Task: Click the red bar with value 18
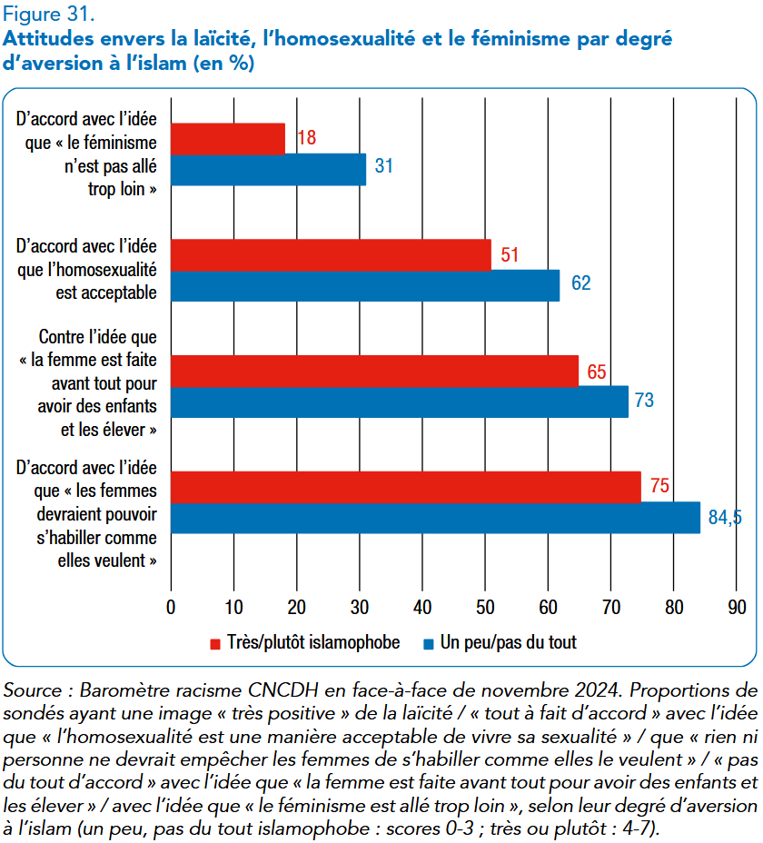(228, 139)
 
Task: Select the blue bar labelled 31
(269, 170)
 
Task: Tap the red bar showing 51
(332, 255)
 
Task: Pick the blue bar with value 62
(366, 285)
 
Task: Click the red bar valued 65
(375, 371)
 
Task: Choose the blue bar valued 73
(400, 402)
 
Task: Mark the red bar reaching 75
(407, 487)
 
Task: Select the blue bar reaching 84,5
(436, 518)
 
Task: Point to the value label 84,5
(725, 517)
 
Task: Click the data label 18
(307, 138)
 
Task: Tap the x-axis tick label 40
(422, 607)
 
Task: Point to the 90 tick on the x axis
(738, 607)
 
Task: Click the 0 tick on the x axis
(171, 607)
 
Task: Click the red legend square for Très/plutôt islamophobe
(215, 644)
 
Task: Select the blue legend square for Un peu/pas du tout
(429, 644)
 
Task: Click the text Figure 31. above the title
(49, 14)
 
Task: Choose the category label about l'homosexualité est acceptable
(86, 270)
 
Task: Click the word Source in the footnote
(33, 690)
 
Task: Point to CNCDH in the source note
(283, 690)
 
